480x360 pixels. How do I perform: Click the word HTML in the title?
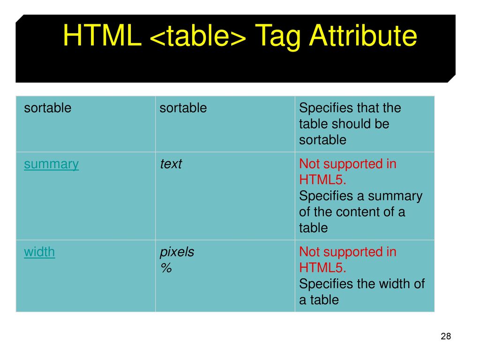tap(102, 36)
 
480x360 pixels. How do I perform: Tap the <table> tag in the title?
tap(198, 36)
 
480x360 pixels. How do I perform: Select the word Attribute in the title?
tap(363, 36)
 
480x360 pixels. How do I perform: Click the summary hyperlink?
tap(52, 165)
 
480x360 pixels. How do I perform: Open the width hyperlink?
tap(39, 252)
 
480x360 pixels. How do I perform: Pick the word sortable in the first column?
tap(48, 108)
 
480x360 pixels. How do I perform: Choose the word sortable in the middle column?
tap(183, 108)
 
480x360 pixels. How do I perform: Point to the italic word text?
tap(171, 164)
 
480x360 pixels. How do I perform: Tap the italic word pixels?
tap(177, 252)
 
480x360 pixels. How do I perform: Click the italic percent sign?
tap(166, 268)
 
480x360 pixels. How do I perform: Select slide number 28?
tap(446, 336)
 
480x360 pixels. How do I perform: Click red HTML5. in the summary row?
tap(322, 180)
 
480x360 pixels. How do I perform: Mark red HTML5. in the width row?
tap(322, 268)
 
